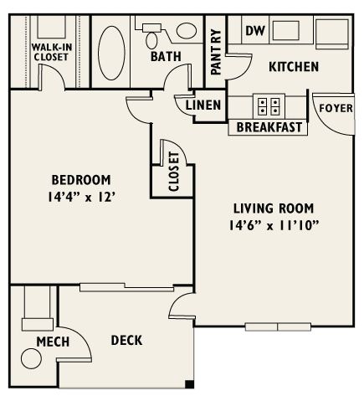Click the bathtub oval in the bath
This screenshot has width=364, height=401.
point(111,53)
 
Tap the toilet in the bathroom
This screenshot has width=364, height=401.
point(151,36)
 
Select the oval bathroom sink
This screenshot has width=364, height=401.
point(187,31)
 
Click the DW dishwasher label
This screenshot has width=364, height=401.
point(255,30)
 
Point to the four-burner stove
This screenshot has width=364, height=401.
point(269,106)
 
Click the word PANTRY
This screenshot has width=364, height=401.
point(216,52)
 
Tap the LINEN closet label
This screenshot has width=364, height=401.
point(203,105)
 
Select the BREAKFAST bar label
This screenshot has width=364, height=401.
point(269,127)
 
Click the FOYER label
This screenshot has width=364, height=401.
point(336,108)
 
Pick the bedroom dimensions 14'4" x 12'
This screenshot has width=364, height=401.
point(81,198)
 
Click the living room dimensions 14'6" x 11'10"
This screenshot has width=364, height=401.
point(274,225)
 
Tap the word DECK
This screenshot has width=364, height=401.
point(126,341)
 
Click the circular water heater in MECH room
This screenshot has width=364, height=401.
point(31,358)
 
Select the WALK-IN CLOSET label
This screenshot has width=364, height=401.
point(52,52)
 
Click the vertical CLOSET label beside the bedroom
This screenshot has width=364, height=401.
point(174,172)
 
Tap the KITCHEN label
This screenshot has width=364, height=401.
point(294,67)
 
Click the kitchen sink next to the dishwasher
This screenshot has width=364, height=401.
point(286,30)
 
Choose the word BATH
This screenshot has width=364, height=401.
point(166,57)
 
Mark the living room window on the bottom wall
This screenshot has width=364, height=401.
point(278,326)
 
